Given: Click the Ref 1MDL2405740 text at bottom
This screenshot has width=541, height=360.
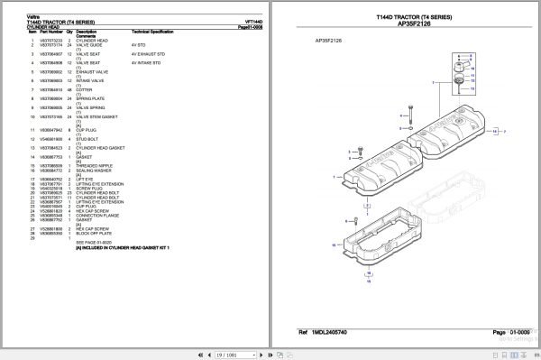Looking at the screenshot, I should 322,333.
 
